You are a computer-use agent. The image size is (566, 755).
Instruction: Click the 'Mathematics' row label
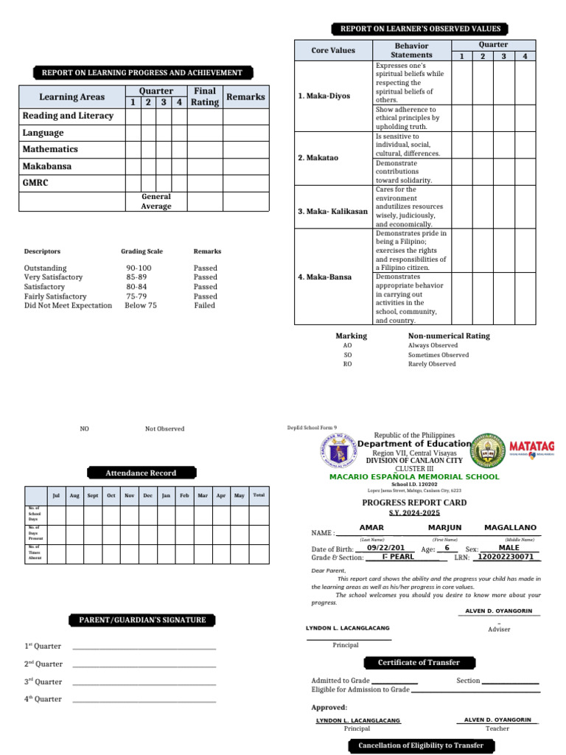tap(50, 150)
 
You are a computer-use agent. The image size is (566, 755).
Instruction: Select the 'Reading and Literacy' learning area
tap(68, 116)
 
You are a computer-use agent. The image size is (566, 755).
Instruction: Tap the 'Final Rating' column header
tap(204, 97)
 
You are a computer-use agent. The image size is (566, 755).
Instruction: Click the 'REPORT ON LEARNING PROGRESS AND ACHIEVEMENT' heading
tap(141, 73)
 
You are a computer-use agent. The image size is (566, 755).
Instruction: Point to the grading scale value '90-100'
tap(139, 268)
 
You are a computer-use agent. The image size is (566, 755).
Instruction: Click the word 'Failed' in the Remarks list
tap(204, 305)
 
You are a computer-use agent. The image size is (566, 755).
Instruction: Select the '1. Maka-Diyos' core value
tap(324, 97)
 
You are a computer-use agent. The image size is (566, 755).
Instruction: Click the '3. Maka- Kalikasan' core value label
tap(332, 212)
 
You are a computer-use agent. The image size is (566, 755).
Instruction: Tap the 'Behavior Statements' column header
tap(411, 50)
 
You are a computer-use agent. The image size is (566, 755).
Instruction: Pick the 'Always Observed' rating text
tap(433, 345)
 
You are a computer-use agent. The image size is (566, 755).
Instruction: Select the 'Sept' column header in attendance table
tap(92, 495)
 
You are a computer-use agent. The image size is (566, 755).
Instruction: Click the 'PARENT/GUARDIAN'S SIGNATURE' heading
tap(142, 620)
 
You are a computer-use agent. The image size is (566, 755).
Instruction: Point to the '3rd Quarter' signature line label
tap(43, 682)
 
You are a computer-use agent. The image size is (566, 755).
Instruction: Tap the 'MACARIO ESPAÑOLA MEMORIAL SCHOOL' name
tap(413, 476)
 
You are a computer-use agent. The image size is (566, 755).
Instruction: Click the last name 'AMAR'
tap(371, 528)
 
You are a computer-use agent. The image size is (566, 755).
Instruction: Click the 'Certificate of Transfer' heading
tap(418, 662)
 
